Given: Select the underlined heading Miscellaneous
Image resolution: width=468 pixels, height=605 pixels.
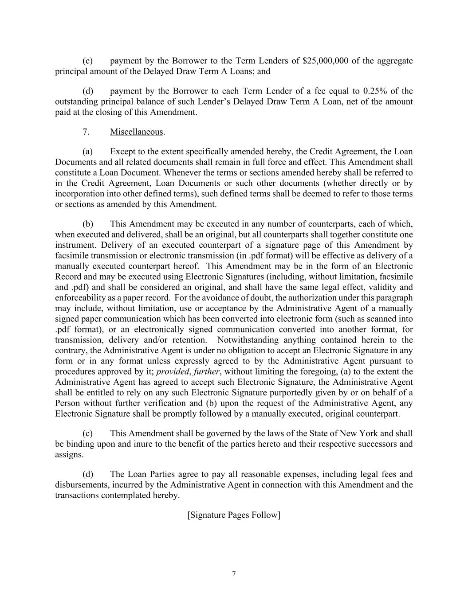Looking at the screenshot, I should (x=137, y=132).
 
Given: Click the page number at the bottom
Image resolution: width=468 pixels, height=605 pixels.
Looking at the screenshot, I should (x=234, y=574).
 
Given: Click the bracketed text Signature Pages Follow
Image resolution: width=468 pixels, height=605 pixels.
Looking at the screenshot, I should (x=234, y=515).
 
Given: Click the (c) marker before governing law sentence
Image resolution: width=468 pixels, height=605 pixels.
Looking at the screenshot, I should (x=87, y=433).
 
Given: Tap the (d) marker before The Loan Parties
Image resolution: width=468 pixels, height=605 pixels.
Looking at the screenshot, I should (x=87, y=474).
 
